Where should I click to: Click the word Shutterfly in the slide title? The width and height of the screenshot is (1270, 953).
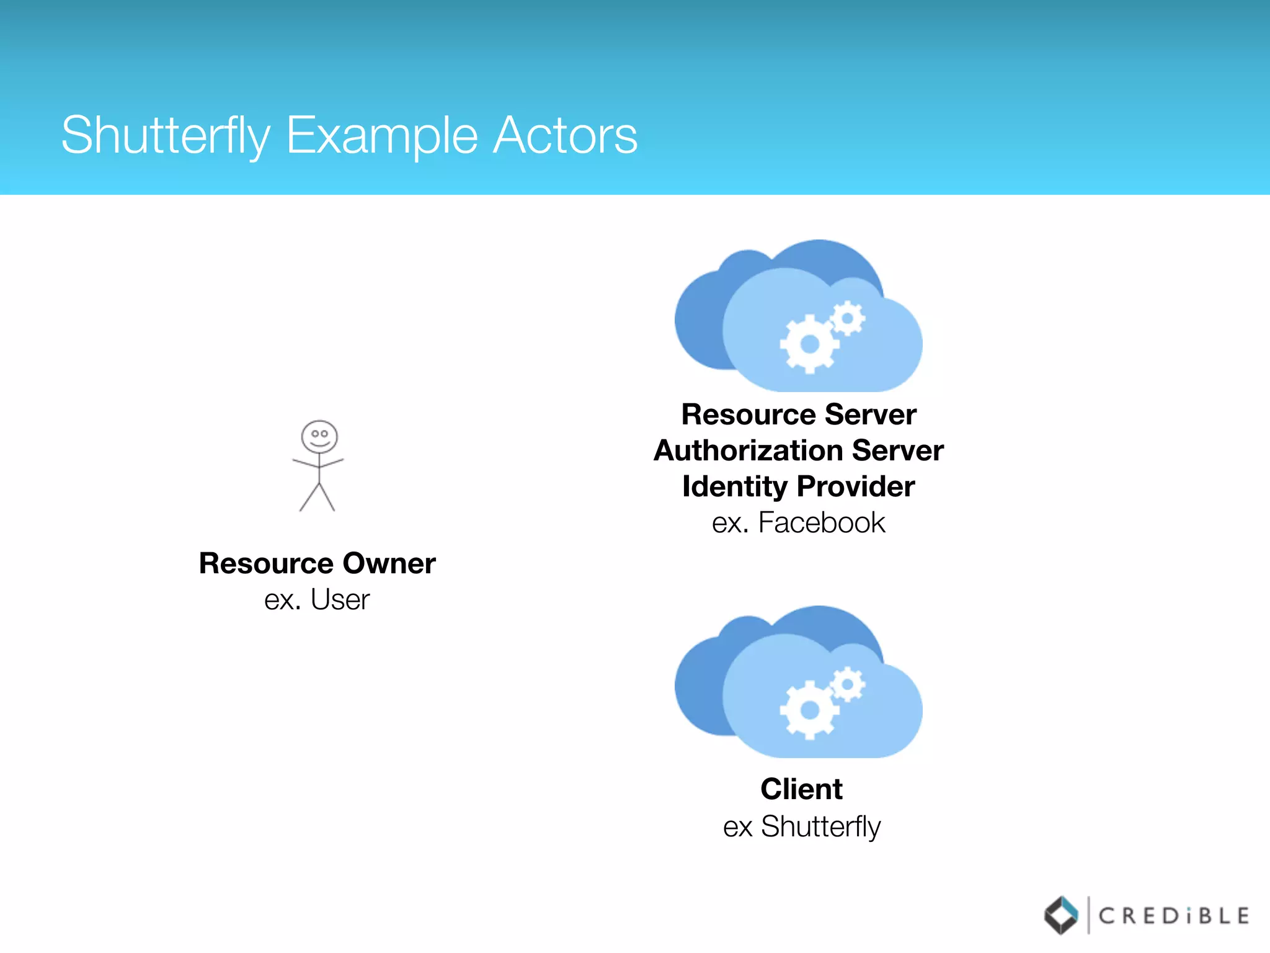pos(166,135)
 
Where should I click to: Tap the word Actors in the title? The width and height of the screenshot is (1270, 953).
pos(565,135)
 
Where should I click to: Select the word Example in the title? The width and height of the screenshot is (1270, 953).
pos(381,135)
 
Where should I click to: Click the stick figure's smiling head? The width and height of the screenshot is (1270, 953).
pos(319,437)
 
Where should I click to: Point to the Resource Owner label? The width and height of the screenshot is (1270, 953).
pos(317,563)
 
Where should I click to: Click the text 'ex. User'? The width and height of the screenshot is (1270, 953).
pos(317,599)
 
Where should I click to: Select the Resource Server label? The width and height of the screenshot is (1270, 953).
pos(799,414)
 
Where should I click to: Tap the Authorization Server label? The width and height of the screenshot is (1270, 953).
pos(799,450)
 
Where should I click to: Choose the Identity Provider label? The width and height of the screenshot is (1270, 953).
pos(799,486)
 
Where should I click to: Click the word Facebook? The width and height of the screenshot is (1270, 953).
pos(822,522)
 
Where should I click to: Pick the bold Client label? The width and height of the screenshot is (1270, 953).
pos(801,789)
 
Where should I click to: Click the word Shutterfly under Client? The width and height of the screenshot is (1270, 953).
pos(820,826)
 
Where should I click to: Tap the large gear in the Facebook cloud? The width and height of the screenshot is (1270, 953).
pos(809,344)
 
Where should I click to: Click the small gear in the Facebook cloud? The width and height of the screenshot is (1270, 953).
pos(847,319)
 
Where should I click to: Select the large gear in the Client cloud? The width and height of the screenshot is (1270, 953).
pos(809,710)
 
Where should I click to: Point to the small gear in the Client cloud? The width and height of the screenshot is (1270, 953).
pos(847,685)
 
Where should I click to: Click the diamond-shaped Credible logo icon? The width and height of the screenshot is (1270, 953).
pos(1061,915)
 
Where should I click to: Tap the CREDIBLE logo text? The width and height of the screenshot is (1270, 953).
pos(1174,916)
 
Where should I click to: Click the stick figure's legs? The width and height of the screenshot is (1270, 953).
pos(317,497)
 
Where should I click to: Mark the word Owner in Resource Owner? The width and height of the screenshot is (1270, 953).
pos(389,563)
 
